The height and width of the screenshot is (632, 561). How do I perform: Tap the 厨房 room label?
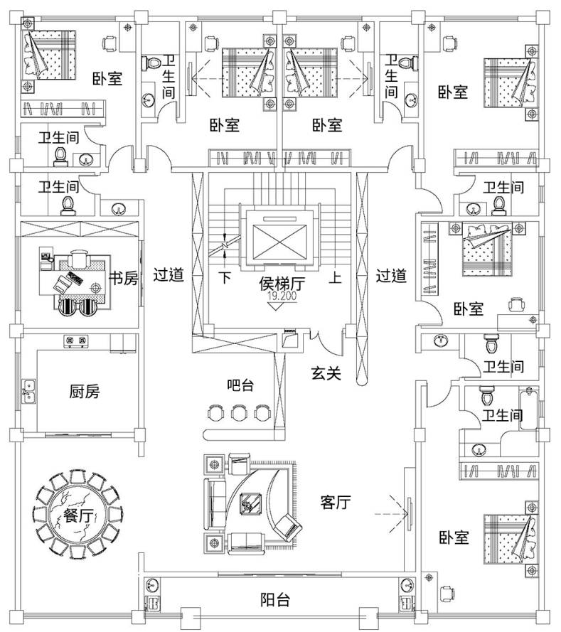coord(84,391)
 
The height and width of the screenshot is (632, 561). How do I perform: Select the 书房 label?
coord(124,277)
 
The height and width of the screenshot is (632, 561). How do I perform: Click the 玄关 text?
coord(326,372)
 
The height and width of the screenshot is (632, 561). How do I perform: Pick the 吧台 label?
coord(241,385)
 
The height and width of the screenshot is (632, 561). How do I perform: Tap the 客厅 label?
coord(336,503)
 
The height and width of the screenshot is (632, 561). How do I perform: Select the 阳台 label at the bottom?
coord(275,600)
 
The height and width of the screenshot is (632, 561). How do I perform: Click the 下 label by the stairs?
coord(225,277)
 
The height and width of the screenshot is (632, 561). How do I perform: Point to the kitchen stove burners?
coord(76,342)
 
